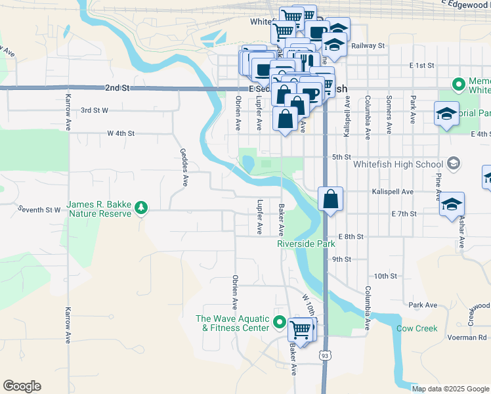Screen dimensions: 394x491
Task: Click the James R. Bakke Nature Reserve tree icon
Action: [140, 209]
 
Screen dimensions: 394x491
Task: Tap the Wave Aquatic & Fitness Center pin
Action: [280, 323]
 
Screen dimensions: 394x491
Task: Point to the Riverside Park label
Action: [306, 244]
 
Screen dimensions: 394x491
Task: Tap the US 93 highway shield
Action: [325, 355]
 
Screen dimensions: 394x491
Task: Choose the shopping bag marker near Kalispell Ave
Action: [330, 199]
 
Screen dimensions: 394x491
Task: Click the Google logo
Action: [22, 386]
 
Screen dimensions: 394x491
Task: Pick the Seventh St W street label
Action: [39, 210]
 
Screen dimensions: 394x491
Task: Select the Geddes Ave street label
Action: [184, 166]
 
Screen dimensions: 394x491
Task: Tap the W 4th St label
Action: [121, 133]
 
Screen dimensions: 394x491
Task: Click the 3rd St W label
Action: [94, 111]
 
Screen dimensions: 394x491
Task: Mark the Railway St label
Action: [368, 46]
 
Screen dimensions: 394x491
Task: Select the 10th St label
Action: [386, 276]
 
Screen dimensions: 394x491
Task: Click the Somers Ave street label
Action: [389, 109]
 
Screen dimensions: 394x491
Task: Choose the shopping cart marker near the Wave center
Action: [301, 330]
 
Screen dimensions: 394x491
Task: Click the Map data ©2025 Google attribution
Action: [450, 388]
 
